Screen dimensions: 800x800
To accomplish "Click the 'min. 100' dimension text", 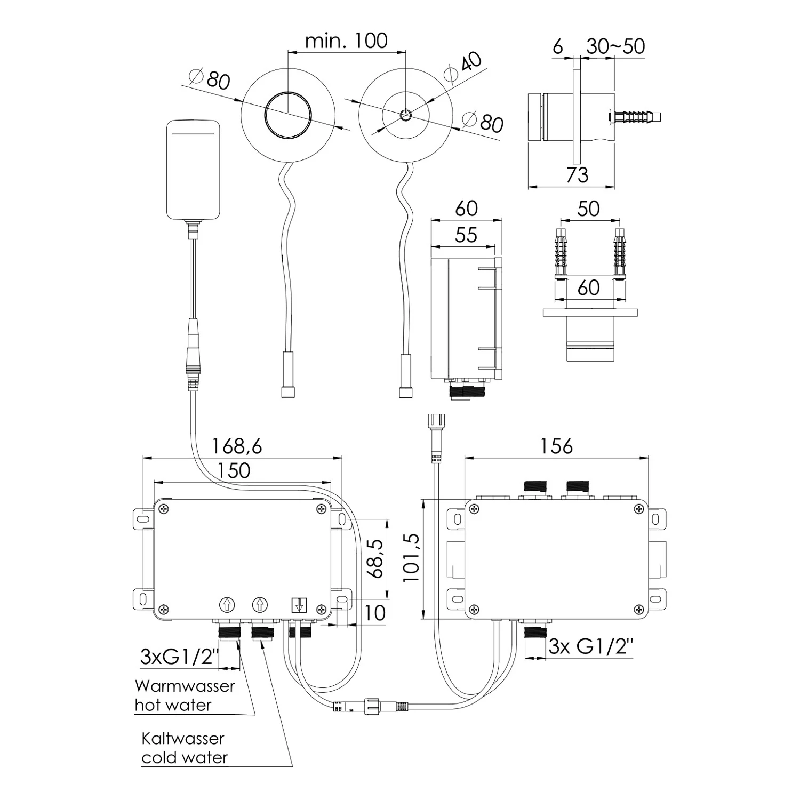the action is coord(346,41).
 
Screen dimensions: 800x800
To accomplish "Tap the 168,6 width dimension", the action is coord(237,446).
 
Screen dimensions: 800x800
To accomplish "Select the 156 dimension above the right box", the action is coord(556,446).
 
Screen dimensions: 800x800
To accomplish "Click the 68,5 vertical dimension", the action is coord(375,558).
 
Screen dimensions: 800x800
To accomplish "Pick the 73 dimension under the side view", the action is coord(577,175).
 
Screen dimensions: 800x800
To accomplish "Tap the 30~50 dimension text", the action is coord(616,46).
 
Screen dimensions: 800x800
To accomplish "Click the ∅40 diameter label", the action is coord(463,66).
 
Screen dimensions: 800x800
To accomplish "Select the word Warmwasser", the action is coord(185,686).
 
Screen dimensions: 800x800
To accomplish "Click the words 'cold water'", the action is coord(185,758).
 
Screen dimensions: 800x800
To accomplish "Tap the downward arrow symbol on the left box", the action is coord(299,605).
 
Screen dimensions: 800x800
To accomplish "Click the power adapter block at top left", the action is coord(193,170).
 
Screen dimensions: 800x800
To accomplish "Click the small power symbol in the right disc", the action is coord(405,115).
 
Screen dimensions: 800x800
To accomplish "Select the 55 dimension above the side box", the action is coord(466,235).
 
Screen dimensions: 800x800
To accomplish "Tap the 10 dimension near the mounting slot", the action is coord(375,613).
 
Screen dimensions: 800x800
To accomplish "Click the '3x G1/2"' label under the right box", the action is coord(591,647).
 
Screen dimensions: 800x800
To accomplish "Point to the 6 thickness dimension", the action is coord(558,47).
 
